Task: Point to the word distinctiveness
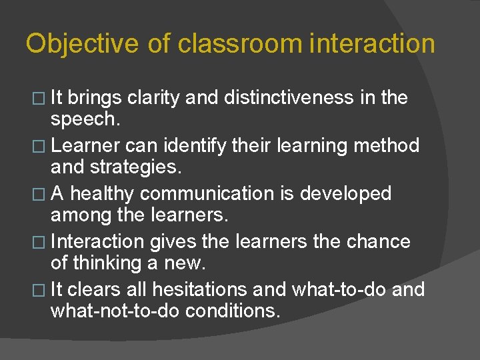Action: coord(281,98)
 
